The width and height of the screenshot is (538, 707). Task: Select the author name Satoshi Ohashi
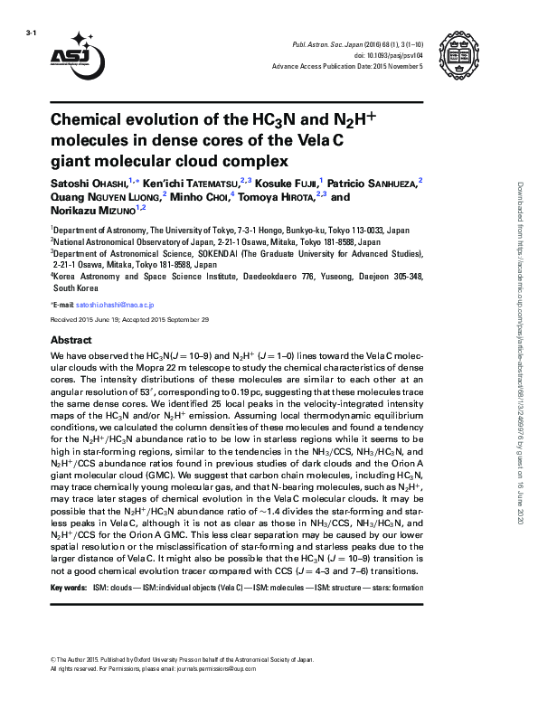pos(89,184)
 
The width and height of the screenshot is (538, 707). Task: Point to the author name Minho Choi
pos(197,196)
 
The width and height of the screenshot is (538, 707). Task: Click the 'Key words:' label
pos(69,588)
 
